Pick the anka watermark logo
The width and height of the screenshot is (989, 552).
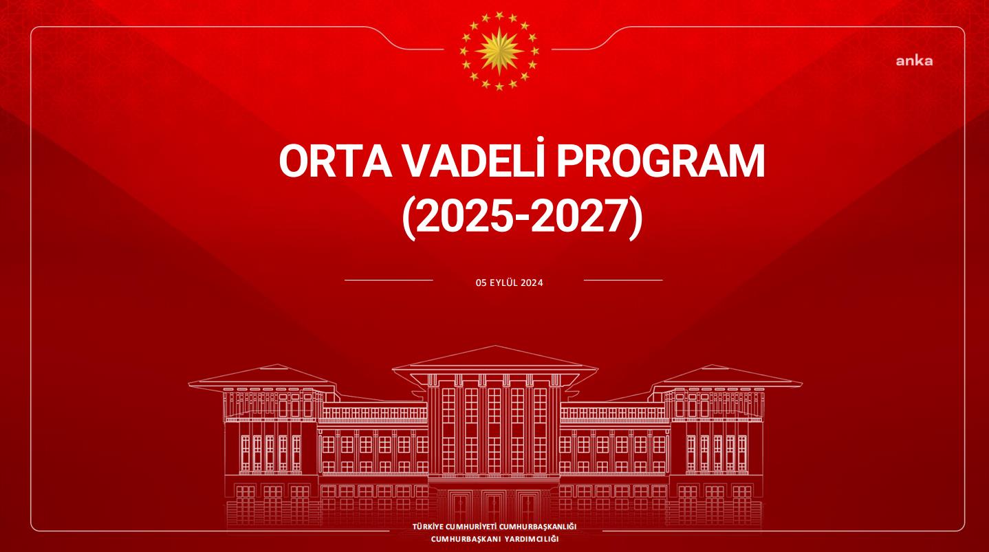[x=914, y=61]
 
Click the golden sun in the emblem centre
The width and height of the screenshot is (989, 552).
[x=499, y=51]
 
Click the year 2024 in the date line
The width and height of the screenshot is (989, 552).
[x=532, y=282]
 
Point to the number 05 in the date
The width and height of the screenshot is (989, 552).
[x=481, y=282]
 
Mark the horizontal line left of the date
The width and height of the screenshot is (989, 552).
[x=389, y=280]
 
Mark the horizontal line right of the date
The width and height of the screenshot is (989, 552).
[x=622, y=280]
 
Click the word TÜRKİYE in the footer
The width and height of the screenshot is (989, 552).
[x=428, y=527]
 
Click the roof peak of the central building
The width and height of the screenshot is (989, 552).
[x=495, y=348]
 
